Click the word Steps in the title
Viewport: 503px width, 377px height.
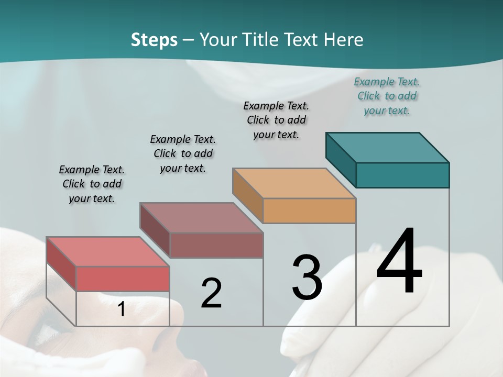[154, 40]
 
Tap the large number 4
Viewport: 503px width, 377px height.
[399, 262]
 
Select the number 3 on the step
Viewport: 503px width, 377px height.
[307, 278]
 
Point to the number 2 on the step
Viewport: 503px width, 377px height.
[211, 293]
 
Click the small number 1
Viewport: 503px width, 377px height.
[121, 309]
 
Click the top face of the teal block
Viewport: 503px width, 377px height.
[388, 147]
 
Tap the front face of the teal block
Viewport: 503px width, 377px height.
[402, 175]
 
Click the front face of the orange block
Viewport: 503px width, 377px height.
[309, 210]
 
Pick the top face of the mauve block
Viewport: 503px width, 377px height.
[201, 217]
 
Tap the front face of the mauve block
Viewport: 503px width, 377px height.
[216, 245]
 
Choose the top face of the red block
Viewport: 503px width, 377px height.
[108, 251]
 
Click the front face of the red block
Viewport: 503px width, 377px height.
[123, 279]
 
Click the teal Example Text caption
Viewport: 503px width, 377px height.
[387, 96]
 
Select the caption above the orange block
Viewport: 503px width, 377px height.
[276, 120]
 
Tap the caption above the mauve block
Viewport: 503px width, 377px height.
[183, 153]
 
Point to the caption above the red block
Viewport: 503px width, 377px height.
[92, 184]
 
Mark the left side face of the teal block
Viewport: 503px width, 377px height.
[341, 160]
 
